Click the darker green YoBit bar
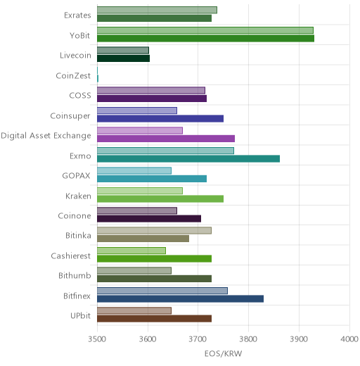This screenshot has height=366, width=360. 205,38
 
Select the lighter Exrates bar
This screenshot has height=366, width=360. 157,10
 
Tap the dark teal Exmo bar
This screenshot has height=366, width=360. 188,158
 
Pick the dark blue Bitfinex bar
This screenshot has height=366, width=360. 180,298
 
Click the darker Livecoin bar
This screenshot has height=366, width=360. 123,58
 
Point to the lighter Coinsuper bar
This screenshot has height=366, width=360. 137,111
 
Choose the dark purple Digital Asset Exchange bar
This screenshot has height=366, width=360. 166,139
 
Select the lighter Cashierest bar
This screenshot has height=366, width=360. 131,251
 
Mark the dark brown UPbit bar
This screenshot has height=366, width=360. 154,319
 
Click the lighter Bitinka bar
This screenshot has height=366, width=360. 154,231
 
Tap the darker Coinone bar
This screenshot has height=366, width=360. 149,219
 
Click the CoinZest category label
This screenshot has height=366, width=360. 73,76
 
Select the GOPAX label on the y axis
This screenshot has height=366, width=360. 76,176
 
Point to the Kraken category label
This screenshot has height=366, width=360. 78,196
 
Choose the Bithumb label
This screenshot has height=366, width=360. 75,275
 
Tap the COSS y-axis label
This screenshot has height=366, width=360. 80,96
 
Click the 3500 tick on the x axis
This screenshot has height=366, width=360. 97,339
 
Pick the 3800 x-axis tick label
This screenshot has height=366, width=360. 248,339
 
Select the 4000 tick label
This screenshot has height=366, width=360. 349,339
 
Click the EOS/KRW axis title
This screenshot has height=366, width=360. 223,353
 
